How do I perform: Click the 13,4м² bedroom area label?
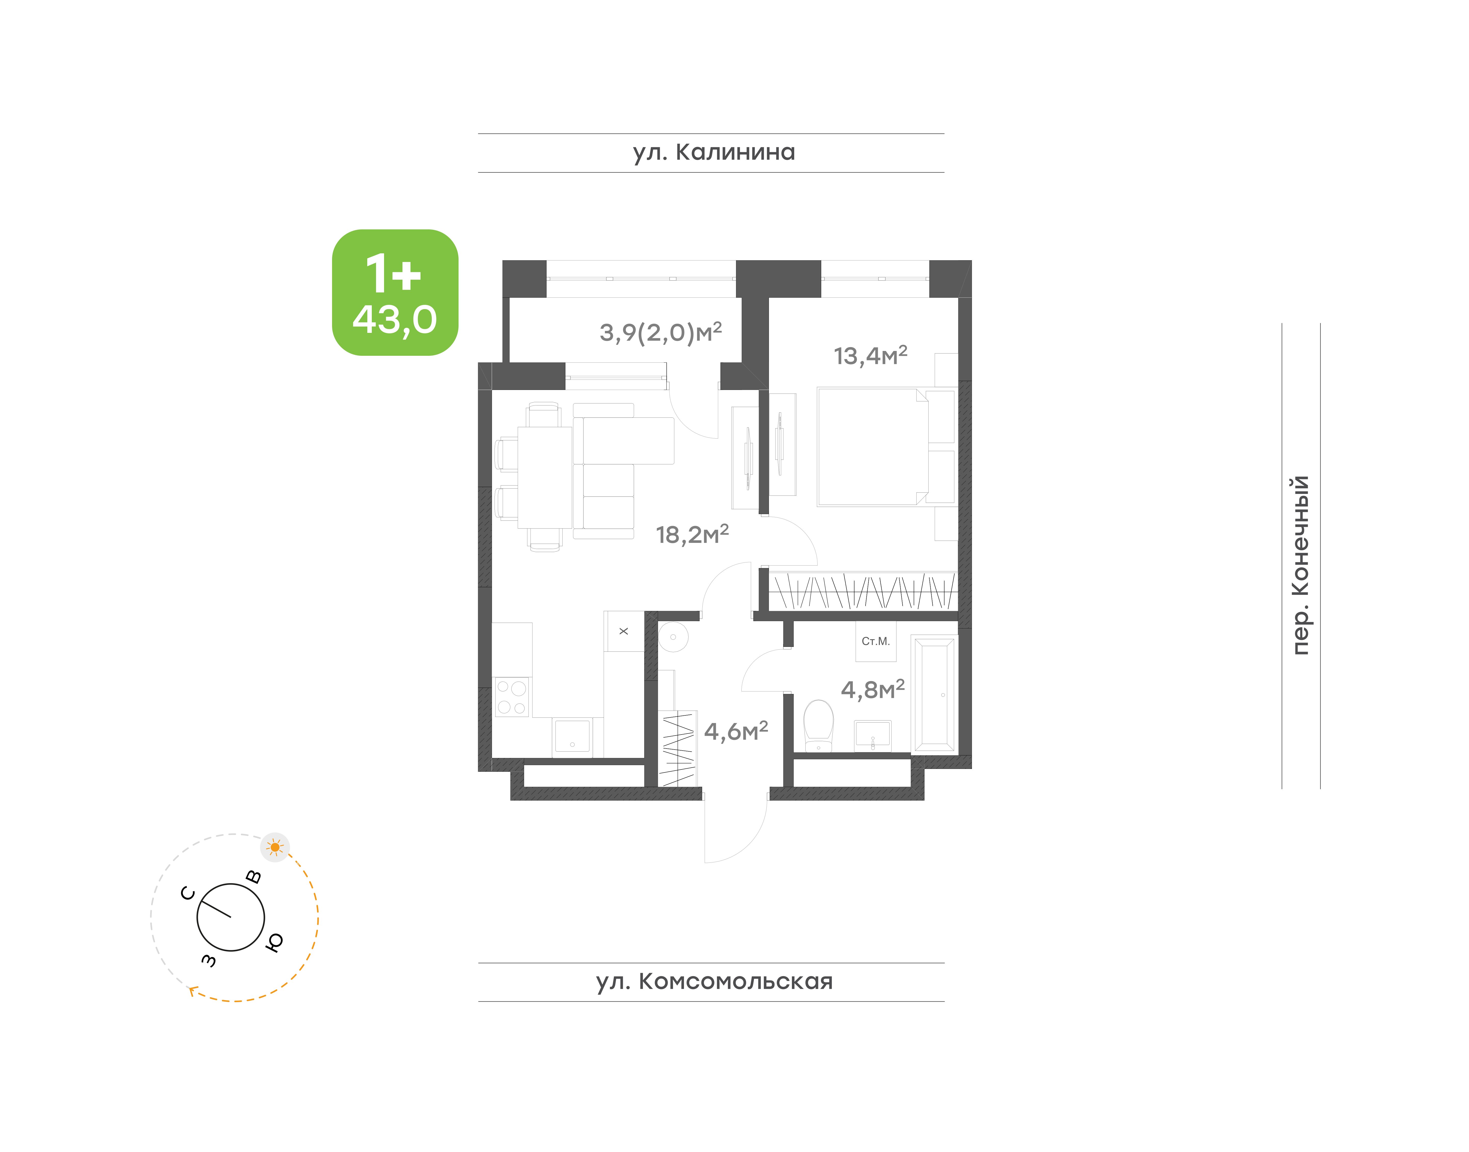870,356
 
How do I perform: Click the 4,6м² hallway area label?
736,731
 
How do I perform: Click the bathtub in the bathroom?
934,694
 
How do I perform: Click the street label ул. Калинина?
714,152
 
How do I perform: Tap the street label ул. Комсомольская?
714,981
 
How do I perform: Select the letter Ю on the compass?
274,942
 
